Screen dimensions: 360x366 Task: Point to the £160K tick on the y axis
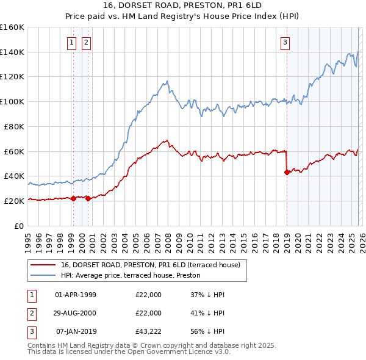tap(12, 27)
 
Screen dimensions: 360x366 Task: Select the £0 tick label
tap(19, 225)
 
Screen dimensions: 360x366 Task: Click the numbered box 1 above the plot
tap(72, 42)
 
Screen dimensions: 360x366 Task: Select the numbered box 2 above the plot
tap(87, 42)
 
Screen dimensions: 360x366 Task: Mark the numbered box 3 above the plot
tap(285, 42)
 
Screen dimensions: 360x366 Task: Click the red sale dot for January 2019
tap(287, 172)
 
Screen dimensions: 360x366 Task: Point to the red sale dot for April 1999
tap(73, 198)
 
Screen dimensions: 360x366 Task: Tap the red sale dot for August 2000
tap(88, 198)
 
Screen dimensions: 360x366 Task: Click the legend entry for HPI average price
tap(134, 275)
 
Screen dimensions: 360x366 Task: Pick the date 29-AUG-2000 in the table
tap(75, 313)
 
